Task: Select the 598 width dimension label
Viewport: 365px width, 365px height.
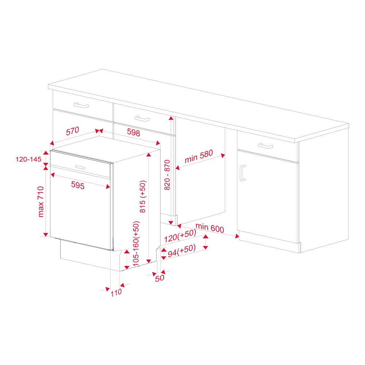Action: coord(134,133)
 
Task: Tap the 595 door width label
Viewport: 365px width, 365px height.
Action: coord(77,186)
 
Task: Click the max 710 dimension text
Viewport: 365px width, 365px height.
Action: coord(41,201)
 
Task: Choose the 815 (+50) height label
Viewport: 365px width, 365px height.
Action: coord(143,197)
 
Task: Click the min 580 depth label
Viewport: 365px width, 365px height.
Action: coord(198,157)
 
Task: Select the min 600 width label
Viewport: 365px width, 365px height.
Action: coord(209,228)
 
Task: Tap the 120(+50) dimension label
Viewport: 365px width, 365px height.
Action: coord(177,237)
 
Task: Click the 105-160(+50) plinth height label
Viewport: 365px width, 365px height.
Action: coord(136,243)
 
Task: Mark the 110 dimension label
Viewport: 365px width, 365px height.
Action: coord(116,292)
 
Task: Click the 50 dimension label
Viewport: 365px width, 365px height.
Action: coord(160,277)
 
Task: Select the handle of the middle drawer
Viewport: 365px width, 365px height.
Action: coord(142,119)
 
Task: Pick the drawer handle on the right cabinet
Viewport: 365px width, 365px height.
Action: coord(265,146)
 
